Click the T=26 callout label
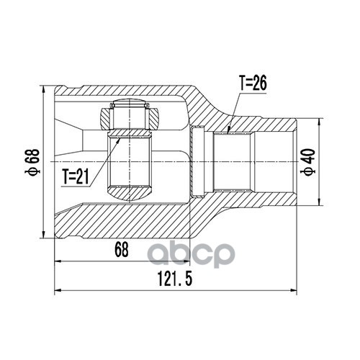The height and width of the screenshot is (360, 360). (253, 84)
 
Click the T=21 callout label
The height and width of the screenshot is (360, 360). (76, 176)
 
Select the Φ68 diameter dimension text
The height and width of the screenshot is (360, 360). (32, 161)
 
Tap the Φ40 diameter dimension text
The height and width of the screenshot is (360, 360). (310, 162)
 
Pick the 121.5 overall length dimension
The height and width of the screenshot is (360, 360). (175, 279)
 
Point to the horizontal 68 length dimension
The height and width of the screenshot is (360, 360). (122, 249)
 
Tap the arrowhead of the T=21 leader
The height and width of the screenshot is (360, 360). (118, 140)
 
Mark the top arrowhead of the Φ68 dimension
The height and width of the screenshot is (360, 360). (43, 90)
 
